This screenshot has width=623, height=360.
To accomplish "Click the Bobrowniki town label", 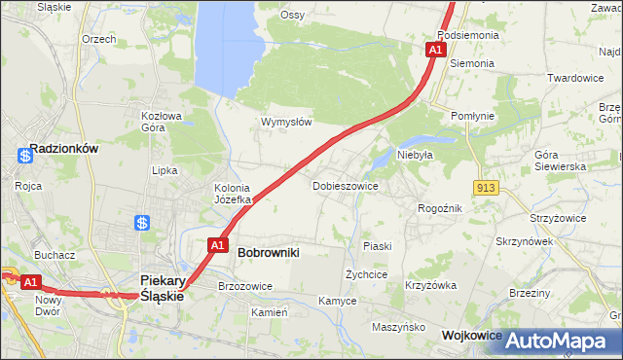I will coord(268,252).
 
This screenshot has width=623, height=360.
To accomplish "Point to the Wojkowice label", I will coord(471,335).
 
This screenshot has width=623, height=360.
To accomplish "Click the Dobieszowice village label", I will coord(346,185).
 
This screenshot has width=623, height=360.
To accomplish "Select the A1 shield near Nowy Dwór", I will coord(31,282).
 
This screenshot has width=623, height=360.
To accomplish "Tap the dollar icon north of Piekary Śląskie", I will coord(143,224).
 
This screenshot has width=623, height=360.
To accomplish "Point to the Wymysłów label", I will coord(286,123).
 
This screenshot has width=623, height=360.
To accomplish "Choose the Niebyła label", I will coord(414,154).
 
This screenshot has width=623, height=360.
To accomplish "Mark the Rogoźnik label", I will coord(439,208).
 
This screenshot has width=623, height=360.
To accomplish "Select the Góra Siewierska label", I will coord(560,161).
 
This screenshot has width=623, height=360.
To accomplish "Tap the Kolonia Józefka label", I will coord(233,194).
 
